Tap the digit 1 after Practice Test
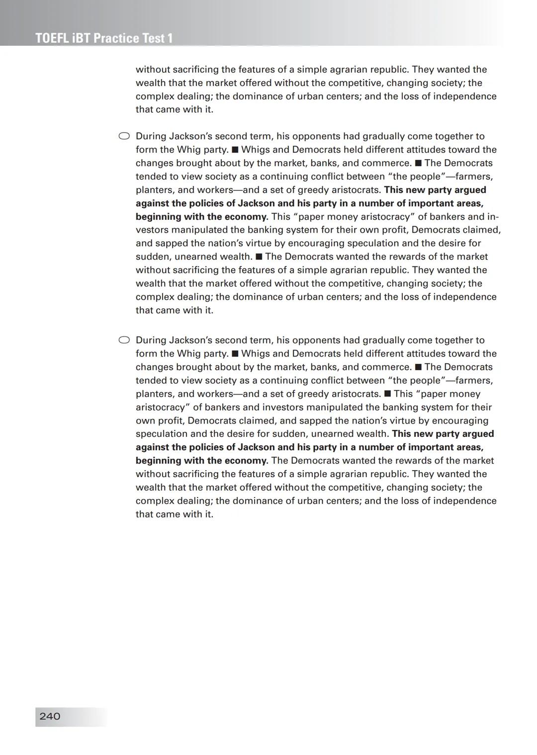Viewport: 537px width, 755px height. [170, 38]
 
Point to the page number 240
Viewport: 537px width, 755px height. [50, 716]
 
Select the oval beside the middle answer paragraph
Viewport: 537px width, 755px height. [124, 136]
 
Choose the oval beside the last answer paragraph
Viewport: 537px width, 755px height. [124, 340]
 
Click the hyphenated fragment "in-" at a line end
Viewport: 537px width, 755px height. [493, 217]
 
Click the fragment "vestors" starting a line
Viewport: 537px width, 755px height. [152, 230]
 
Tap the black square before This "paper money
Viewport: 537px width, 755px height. [387, 394]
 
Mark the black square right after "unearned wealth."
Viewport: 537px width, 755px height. [259, 257]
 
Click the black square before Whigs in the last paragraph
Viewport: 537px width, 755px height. [235, 354]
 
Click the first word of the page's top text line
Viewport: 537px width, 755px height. [153, 70]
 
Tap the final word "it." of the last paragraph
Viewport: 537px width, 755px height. [207, 514]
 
